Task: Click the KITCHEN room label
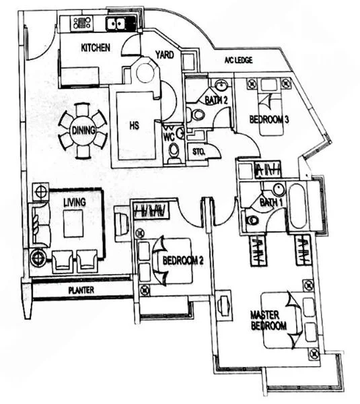point(96,47)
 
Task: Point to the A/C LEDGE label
point(238,61)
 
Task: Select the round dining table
point(83,131)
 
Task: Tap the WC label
point(169,133)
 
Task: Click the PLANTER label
point(81,291)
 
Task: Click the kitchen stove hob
point(82,24)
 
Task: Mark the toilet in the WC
point(174,151)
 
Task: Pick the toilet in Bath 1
point(253,220)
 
